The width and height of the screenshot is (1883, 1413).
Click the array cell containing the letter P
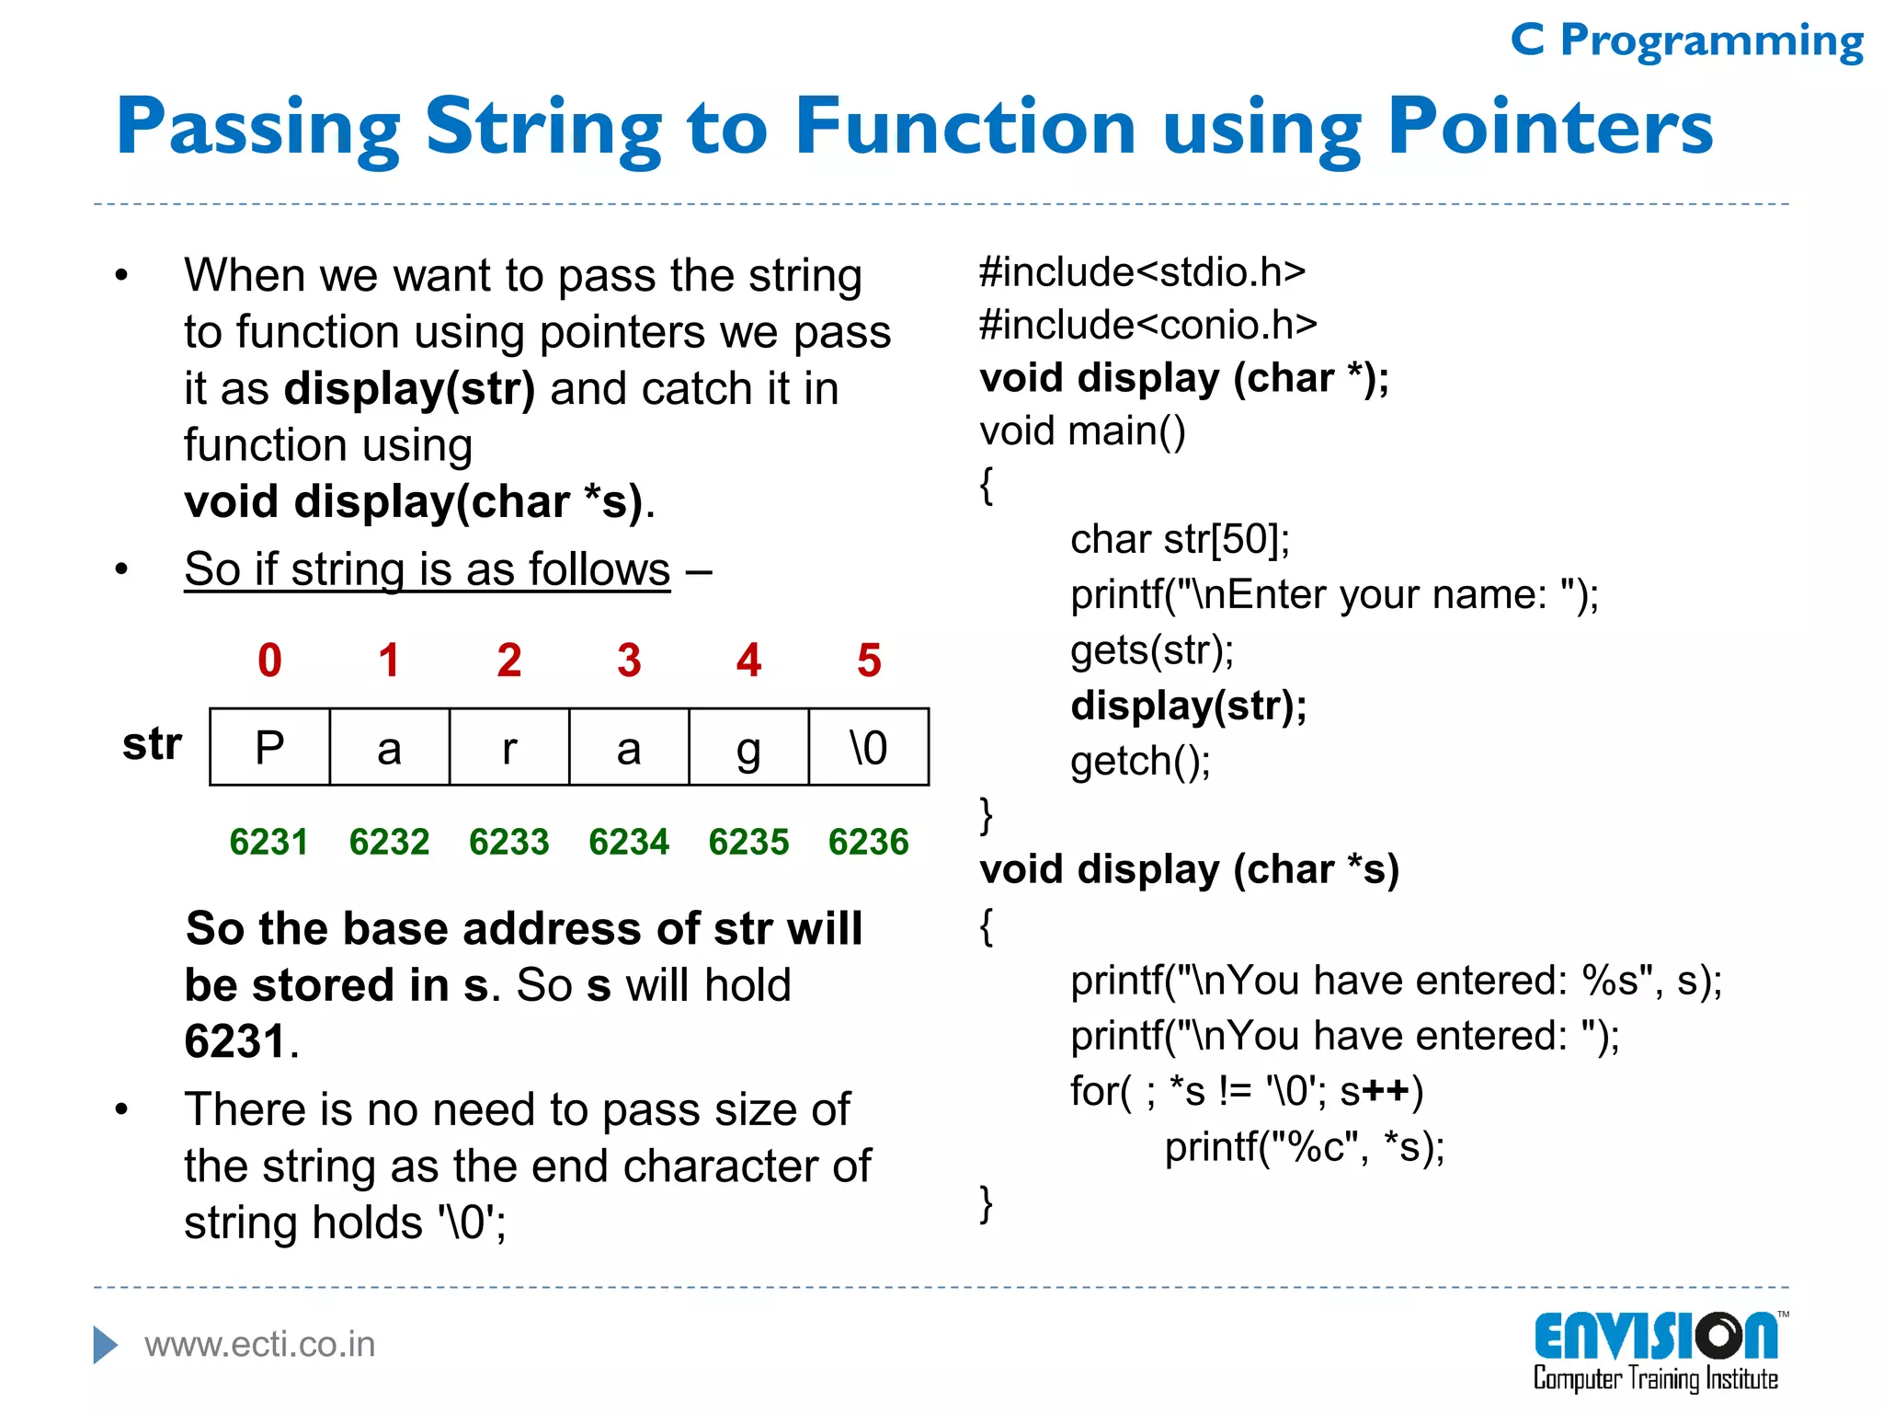coord(269,747)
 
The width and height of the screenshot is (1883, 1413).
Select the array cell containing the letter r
coord(509,747)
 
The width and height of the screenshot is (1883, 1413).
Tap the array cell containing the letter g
coord(748,747)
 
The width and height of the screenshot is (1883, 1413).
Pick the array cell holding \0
coord(869,747)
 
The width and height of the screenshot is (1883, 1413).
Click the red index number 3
coord(629,661)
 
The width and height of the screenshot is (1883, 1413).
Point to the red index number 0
coord(269,661)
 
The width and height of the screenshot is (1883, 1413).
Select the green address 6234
coord(629,842)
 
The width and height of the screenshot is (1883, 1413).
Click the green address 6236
coord(869,842)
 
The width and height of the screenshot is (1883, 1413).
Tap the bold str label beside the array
coord(152,743)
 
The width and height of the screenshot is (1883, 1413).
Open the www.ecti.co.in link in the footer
coord(260,1345)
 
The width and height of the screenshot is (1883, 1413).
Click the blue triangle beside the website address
coord(106,1345)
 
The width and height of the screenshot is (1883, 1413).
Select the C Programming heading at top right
coord(1687,40)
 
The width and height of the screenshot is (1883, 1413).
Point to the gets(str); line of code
coord(1152,650)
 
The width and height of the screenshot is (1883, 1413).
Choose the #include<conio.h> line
coord(1148,325)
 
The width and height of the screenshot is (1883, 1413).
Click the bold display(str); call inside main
coord(1189,706)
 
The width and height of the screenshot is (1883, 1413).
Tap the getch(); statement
coord(1140,761)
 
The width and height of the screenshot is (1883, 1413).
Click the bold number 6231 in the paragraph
coord(234,1041)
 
